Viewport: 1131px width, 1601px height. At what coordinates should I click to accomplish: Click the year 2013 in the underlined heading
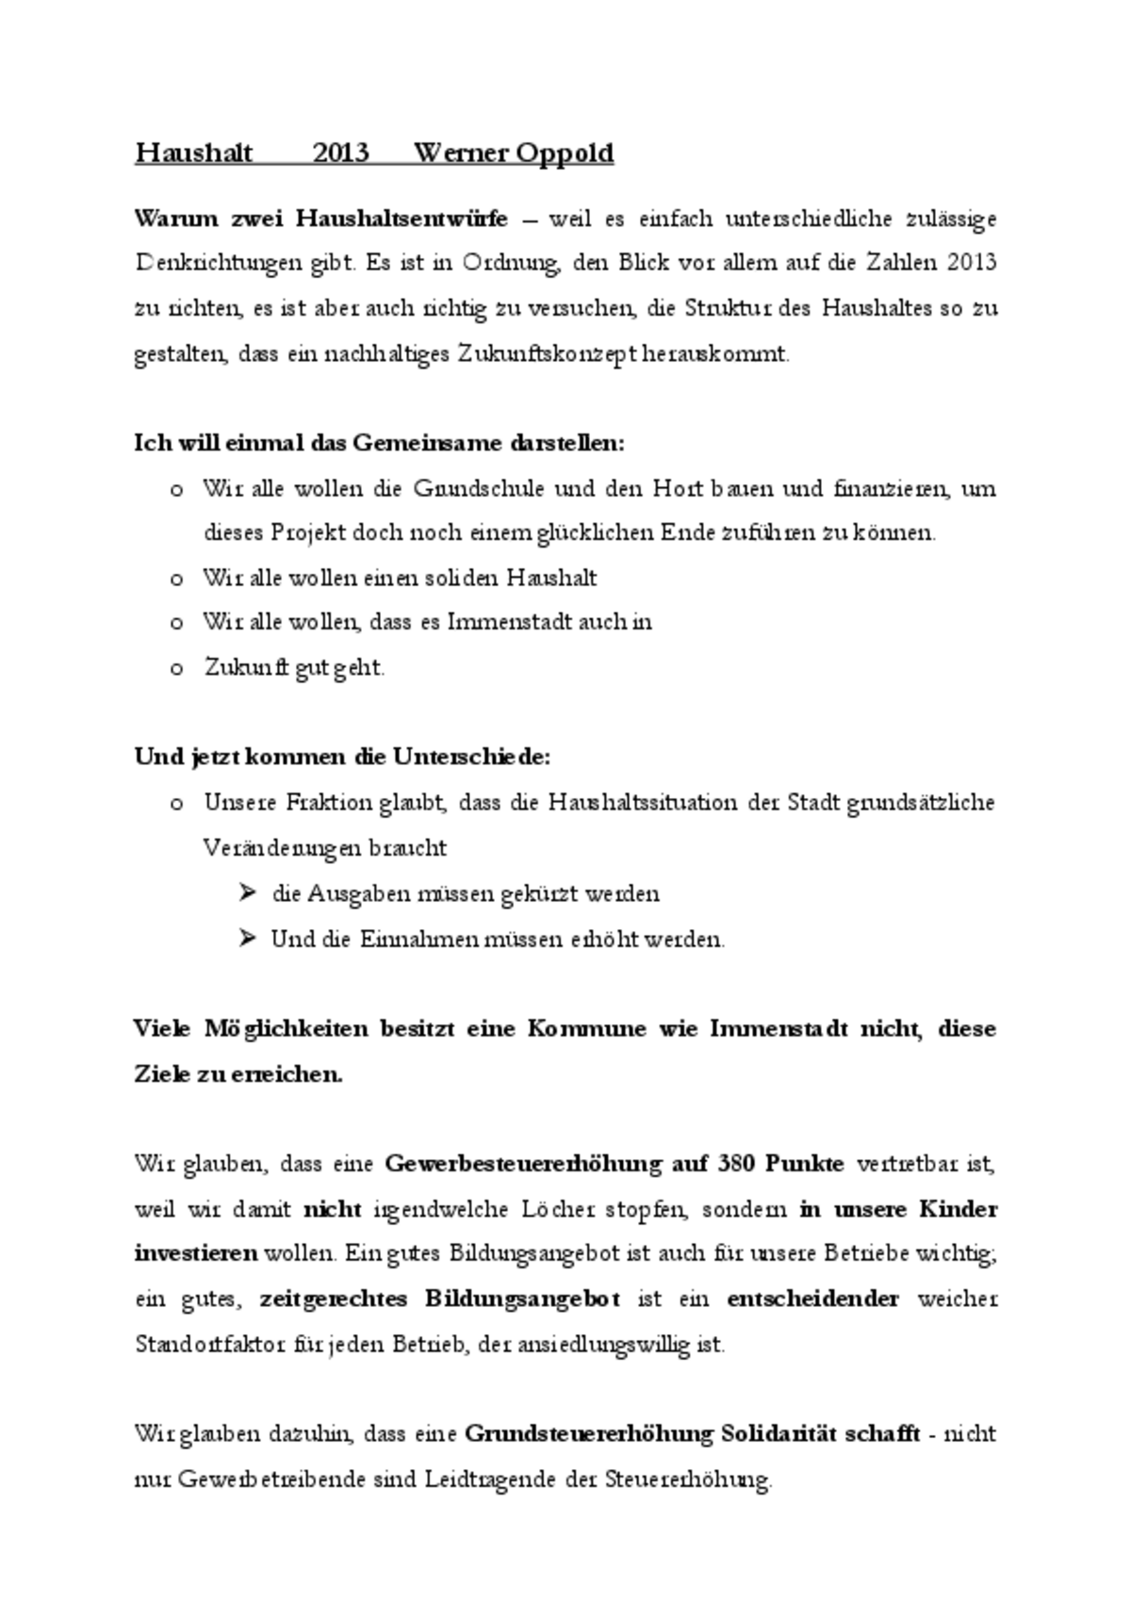pyautogui.click(x=340, y=153)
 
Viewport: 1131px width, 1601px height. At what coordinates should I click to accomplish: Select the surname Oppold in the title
pyautogui.click(x=564, y=153)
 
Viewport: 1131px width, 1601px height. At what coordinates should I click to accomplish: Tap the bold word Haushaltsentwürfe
pyautogui.click(x=402, y=220)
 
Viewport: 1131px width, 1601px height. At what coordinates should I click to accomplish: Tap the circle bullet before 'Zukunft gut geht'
pyautogui.click(x=175, y=669)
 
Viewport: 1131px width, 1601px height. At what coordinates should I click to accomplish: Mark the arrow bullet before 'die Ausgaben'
pyautogui.click(x=248, y=892)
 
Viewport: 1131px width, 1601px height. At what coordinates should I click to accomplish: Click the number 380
pyautogui.click(x=736, y=1164)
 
